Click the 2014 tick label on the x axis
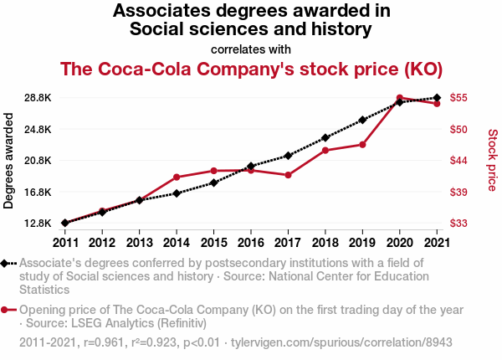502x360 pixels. pyautogui.click(x=177, y=243)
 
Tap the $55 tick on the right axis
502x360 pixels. pyautogui.click(x=458, y=98)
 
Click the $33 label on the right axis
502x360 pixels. pyautogui.click(x=458, y=224)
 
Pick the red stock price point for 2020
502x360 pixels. pyautogui.click(x=400, y=98)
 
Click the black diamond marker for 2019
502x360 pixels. pyautogui.click(x=362, y=120)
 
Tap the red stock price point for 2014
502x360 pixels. pyautogui.click(x=177, y=177)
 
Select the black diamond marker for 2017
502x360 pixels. pyautogui.click(x=288, y=156)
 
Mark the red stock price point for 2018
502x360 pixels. pyautogui.click(x=325, y=150)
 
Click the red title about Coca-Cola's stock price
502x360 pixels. pyautogui.click(x=251, y=69)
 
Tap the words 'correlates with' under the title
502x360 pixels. pyautogui.click(x=251, y=49)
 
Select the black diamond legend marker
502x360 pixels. pyautogui.click(x=7, y=263)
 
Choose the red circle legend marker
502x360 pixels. pyautogui.click(x=7, y=310)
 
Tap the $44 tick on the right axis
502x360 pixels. pyautogui.click(x=458, y=161)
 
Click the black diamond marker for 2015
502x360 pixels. pyautogui.click(x=213, y=183)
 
